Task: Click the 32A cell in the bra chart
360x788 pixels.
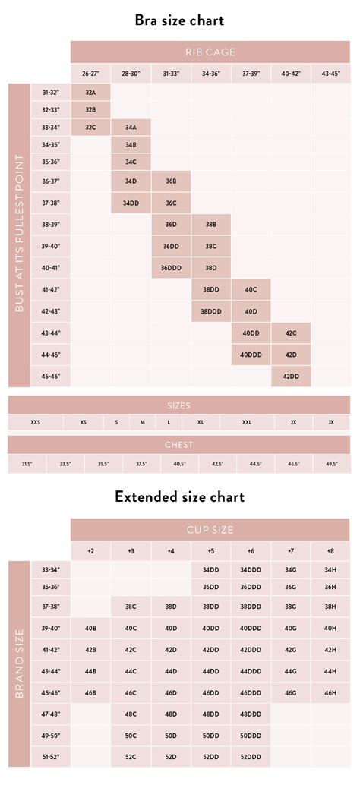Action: click(x=90, y=92)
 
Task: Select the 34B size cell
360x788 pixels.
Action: click(x=131, y=144)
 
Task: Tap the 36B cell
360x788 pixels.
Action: click(x=171, y=182)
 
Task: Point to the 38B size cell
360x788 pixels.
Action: click(x=211, y=225)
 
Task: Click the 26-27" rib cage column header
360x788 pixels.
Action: click(x=90, y=74)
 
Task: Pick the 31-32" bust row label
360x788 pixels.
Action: click(x=50, y=92)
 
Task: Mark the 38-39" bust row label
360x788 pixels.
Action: click(x=50, y=225)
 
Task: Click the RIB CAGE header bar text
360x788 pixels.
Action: click(x=211, y=52)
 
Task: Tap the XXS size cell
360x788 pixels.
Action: click(x=36, y=422)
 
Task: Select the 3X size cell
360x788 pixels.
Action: click(x=330, y=422)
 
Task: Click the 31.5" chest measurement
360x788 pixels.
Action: click(x=27, y=464)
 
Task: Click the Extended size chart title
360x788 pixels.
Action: click(x=180, y=497)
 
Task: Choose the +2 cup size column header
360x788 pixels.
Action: click(x=90, y=551)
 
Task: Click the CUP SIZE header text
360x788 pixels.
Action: click(x=211, y=529)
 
